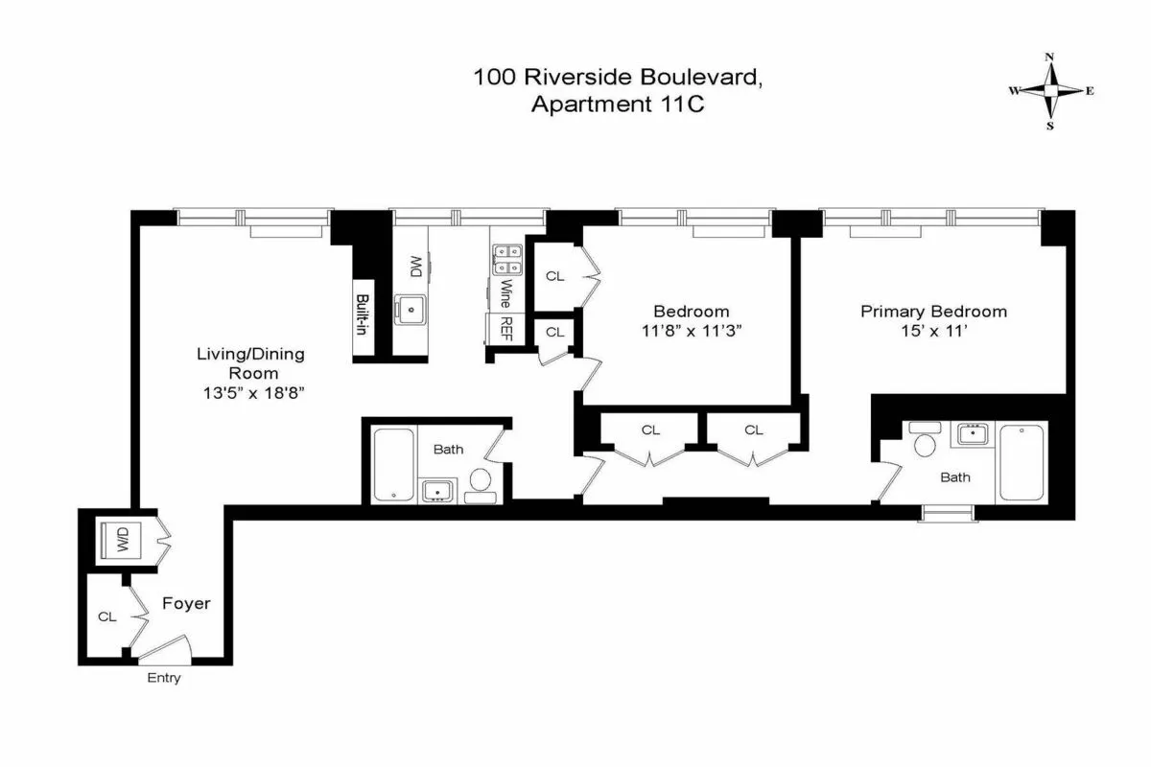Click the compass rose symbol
1051,91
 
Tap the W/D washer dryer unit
124,543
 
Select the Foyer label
185,604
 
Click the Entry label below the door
163,679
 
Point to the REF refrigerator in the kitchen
503,329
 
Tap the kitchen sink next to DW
413,309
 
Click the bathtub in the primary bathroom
1022,462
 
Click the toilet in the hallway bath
481,482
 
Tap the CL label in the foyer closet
106,617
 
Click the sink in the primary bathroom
974,434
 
